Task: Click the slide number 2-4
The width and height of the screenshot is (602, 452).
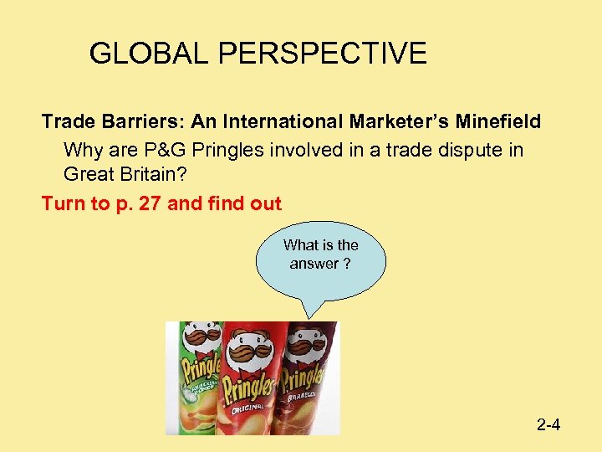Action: point(548,425)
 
